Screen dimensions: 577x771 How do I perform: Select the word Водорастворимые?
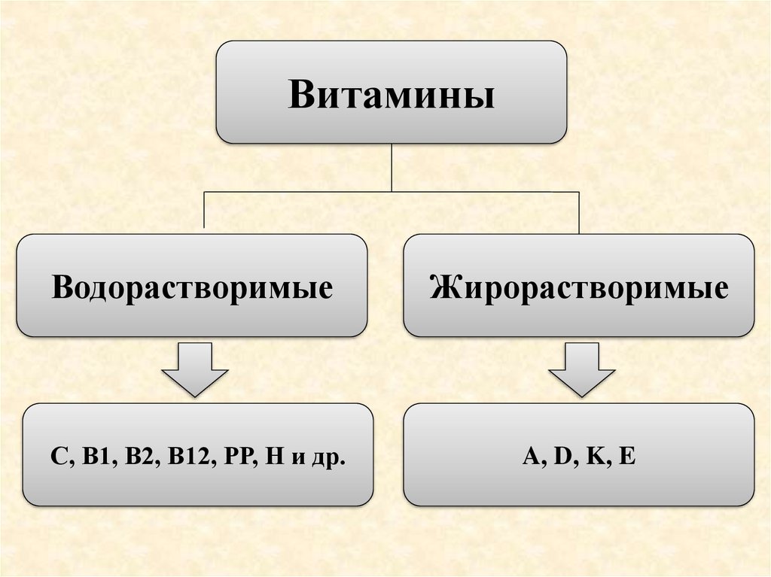tap(192, 288)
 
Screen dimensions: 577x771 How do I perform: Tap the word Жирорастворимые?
tap(579, 288)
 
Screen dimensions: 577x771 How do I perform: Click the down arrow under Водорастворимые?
tap(195, 369)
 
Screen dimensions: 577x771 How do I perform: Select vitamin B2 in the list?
tap(134, 457)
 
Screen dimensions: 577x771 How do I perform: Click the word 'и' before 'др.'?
tap(297, 458)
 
